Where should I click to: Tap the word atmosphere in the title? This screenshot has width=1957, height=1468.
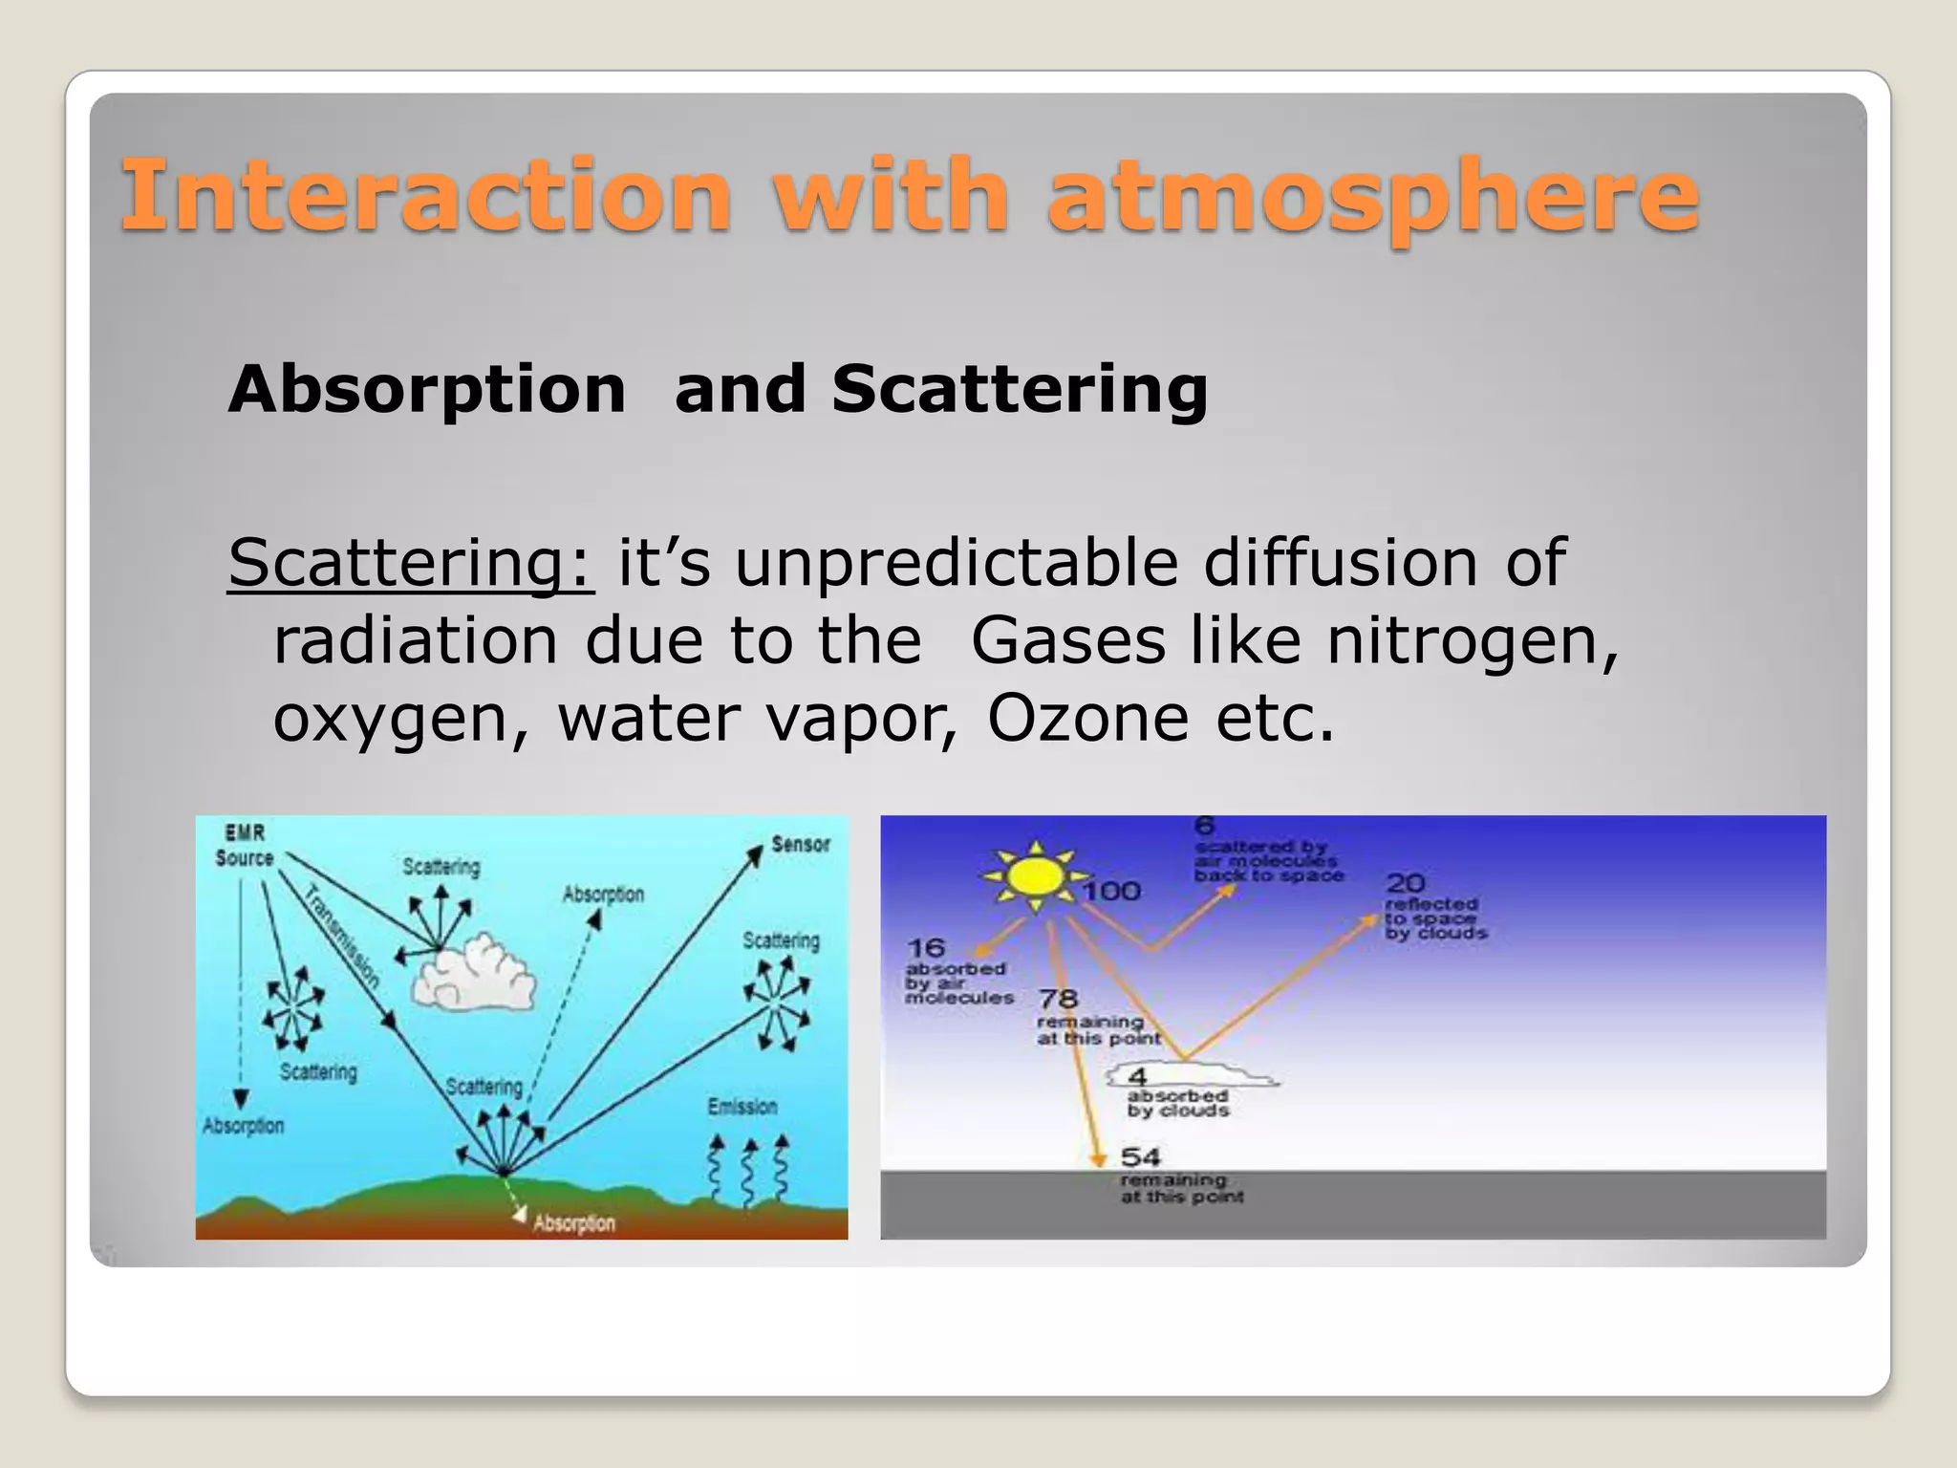pyautogui.click(x=1373, y=197)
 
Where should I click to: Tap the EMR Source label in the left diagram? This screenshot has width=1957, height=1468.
pyautogui.click(x=245, y=846)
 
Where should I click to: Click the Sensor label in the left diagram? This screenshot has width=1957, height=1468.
pyautogui.click(x=801, y=844)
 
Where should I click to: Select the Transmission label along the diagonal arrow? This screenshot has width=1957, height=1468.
pyautogui.click(x=342, y=937)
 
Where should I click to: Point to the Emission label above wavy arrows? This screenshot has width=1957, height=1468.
pyautogui.click(x=742, y=1107)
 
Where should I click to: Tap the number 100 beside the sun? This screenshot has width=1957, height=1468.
pyautogui.click(x=1112, y=892)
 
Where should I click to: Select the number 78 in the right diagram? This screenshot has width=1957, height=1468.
pyautogui.click(x=1058, y=999)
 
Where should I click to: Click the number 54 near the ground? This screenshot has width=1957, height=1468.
pyautogui.click(x=1140, y=1157)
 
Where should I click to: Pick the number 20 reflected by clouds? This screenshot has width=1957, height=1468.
pyautogui.click(x=1405, y=883)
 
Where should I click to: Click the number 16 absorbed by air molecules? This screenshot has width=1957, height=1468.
pyautogui.click(x=925, y=948)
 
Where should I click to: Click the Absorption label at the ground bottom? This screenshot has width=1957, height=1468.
pyautogui.click(x=574, y=1223)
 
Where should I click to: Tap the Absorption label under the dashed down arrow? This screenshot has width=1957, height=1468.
pyautogui.click(x=244, y=1126)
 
